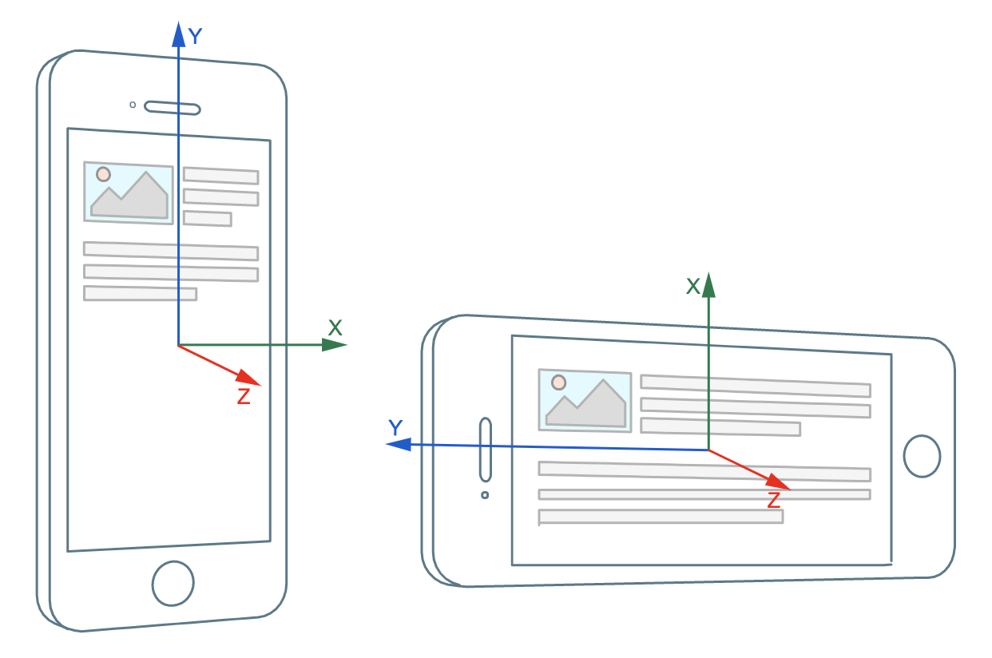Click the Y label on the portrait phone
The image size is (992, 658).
(x=195, y=36)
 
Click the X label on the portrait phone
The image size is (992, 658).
(x=335, y=327)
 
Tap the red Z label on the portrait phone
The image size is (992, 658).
(x=244, y=396)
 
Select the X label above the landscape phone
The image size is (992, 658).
(x=693, y=286)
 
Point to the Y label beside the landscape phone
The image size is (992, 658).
(x=395, y=427)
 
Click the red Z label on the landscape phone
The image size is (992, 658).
(x=774, y=500)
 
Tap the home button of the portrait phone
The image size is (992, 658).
(x=173, y=583)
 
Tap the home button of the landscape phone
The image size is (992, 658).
(x=922, y=456)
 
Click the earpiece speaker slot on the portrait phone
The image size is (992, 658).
(x=173, y=108)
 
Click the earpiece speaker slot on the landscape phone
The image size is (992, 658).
(x=486, y=450)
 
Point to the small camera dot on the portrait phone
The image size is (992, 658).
(x=133, y=105)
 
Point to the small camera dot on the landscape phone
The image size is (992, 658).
(x=485, y=495)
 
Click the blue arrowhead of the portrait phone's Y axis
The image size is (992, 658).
(x=178, y=34)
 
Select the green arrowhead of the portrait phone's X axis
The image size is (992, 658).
(x=334, y=344)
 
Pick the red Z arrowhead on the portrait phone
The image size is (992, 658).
(x=248, y=378)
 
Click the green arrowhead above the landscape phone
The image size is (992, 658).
(x=708, y=285)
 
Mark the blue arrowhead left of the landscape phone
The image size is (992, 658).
(x=399, y=444)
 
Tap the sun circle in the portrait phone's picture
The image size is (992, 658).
(x=103, y=174)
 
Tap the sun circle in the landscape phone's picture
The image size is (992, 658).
(x=558, y=383)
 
